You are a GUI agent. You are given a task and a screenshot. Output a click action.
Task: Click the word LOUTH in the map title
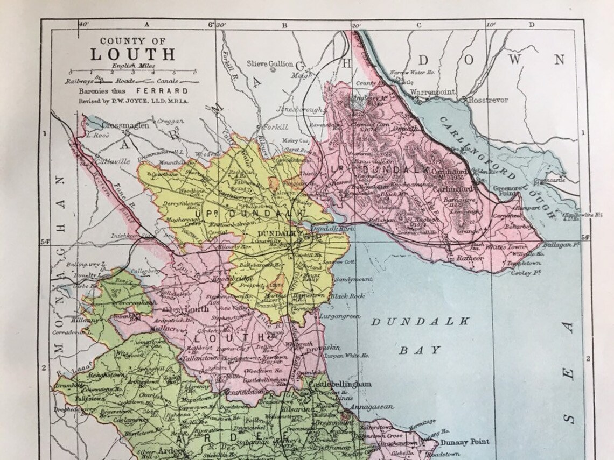click(x=132, y=54)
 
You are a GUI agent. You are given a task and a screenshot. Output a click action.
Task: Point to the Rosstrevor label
click(x=488, y=100)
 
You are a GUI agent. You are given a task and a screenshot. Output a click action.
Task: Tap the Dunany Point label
click(x=465, y=442)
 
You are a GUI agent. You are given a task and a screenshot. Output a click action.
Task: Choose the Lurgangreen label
click(x=339, y=316)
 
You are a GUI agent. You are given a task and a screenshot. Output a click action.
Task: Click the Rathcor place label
click(x=470, y=258)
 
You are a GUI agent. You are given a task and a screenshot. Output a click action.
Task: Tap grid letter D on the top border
click(x=531, y=24)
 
